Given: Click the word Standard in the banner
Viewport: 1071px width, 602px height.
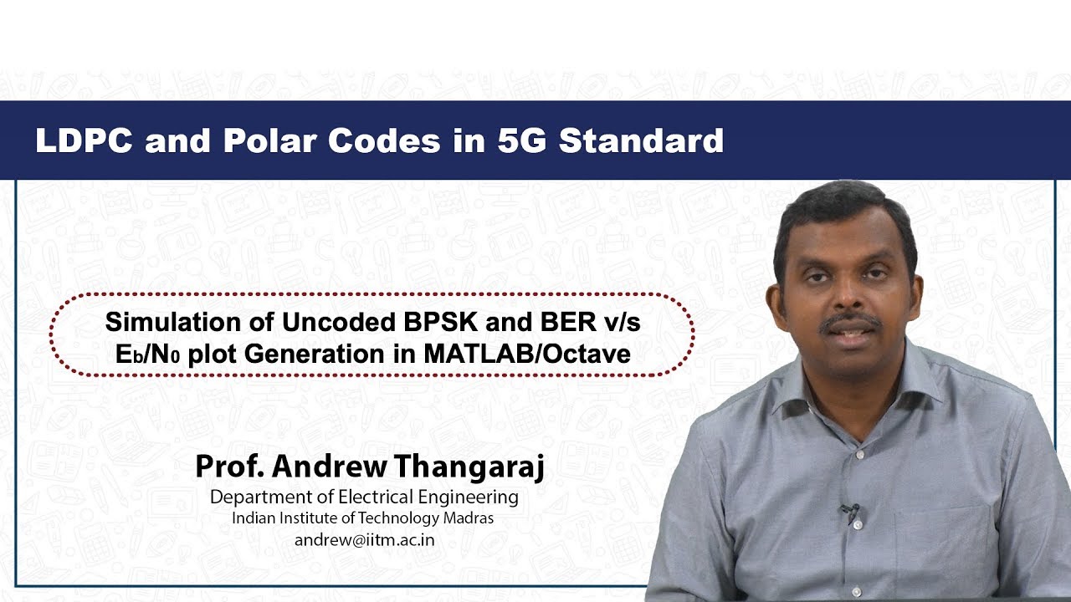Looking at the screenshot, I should point(641,140).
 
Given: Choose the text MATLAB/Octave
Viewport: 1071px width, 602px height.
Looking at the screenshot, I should point(526,354).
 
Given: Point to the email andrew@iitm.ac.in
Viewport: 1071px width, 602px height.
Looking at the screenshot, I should point(364,539).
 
